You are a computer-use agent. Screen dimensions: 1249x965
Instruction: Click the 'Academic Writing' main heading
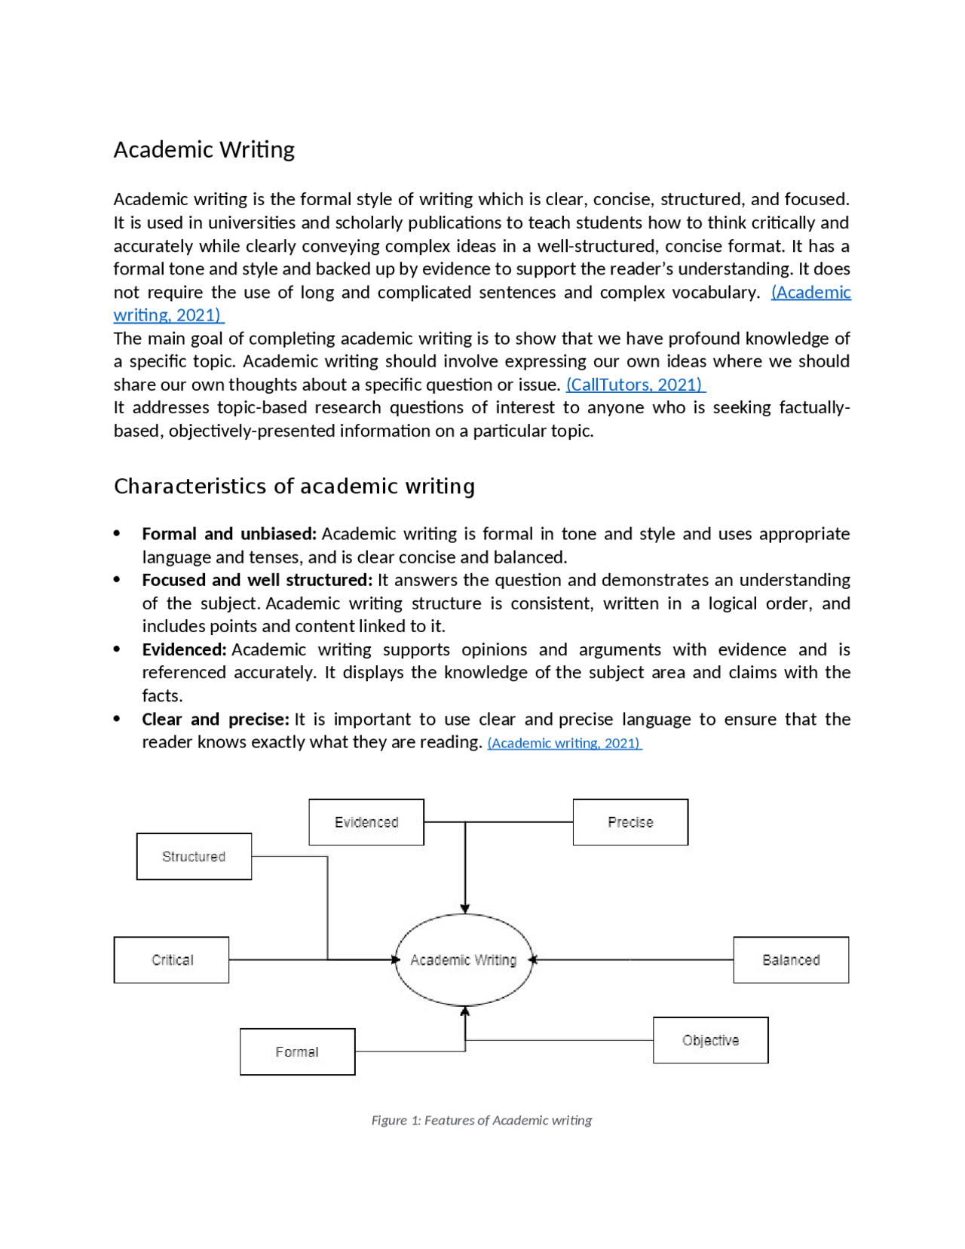pyautogui.click(x=204, y=149)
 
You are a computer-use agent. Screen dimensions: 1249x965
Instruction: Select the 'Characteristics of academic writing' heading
pyautogui.click(x=294, y=486)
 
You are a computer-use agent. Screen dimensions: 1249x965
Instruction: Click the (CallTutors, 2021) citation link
pyautogui.click(x=635, y=385)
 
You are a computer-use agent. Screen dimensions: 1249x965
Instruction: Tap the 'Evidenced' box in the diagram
pyautogui.click(x=366, y=822)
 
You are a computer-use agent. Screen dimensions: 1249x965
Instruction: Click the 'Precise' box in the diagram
pyautogui.click(x=630, y=822)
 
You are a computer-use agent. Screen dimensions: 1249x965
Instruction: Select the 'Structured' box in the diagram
pyautogui.click(x=194, y=857)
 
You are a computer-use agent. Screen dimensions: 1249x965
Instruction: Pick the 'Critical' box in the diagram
pyautogui.click(x=172, y=960)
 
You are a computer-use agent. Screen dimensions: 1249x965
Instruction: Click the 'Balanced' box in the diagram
pyautogui.click(x=791, y=960)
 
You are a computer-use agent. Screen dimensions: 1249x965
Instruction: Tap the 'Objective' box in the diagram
pyautogui.click(x=710, y=1040)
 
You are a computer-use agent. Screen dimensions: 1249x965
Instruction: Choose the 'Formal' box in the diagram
pyautogui.click(x=297, y=1051)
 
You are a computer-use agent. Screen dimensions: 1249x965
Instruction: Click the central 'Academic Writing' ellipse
pyautogui.click(x=464, y=960)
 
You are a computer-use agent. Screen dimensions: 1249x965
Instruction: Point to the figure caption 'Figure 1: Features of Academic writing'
pyautogui.click(x=481, y=1120)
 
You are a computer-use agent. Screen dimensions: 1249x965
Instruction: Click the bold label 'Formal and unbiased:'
pyautogui.click(x=228, y=534)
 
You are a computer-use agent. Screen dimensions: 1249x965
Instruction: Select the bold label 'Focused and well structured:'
pyautogui.click(x=257, y=580)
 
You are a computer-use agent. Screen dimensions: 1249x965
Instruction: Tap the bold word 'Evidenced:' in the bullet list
pyautogui.click(x=184, y=649)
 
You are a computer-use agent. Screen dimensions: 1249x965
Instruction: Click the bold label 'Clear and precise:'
pyautogui.click(x=216, y=719)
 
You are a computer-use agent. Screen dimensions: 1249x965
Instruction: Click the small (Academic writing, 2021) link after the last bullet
pyautogui.click(x=564, y=743)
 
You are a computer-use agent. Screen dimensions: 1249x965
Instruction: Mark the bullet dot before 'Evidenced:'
pyautogui.click(x=117, y=649)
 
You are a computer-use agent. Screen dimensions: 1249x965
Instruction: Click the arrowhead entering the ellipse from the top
pyautogui.click(x=465, y=909)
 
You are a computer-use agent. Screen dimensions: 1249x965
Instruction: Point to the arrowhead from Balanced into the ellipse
pyautogui.click(x=534, y=960)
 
